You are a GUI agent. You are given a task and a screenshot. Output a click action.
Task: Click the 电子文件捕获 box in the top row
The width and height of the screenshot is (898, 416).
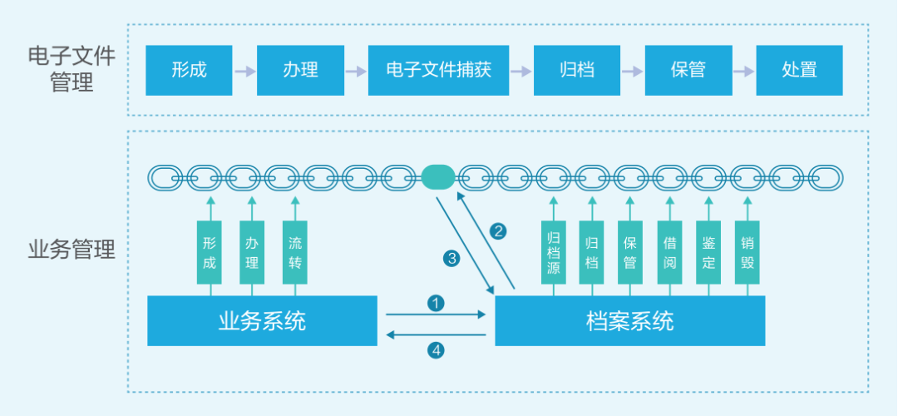click(x=438, y=71)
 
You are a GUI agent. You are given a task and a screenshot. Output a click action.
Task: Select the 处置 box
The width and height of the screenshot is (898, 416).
click(x=799, y=71)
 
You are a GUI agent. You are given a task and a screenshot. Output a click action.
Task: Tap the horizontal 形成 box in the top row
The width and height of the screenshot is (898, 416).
click(x=189, y=71)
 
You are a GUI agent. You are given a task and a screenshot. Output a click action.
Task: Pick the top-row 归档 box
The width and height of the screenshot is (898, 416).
click(x=576, y=71)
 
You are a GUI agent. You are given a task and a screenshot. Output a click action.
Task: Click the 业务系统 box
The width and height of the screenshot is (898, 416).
click(x=262, y=321)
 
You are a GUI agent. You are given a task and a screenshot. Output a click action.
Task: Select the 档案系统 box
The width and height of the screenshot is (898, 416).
click(x=629, y=321)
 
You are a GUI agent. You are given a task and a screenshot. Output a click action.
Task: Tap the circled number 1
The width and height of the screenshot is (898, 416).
click(x=436, y=303)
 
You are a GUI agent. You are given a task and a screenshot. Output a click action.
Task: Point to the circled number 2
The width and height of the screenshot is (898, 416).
click(x=498, y=231)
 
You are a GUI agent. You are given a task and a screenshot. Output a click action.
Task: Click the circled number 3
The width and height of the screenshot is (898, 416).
click(x=451, y=259)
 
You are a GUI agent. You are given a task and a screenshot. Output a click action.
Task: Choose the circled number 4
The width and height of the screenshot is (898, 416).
click(x=436, y=349)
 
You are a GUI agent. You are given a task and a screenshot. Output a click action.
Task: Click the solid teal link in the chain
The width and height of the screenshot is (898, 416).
click(x=438, y=176)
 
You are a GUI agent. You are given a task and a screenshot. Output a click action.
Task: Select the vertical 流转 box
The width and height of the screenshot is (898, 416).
click(x=295, y=253)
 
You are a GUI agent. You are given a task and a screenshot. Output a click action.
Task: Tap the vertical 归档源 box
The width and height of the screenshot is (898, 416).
click(x=553, y=253)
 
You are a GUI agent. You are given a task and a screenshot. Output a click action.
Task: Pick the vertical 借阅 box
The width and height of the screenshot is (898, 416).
click(x=669, y=253)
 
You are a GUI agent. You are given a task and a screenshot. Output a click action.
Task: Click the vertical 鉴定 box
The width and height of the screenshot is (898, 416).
click(x=708, y=253)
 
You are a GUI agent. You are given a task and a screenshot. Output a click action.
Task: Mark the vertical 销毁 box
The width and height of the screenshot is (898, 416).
click(x=747, y=253)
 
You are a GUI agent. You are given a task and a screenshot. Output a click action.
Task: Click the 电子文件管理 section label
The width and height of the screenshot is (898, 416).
click(x=72, y=70)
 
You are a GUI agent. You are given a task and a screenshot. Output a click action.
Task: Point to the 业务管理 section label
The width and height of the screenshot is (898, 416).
click(x=72, y=250)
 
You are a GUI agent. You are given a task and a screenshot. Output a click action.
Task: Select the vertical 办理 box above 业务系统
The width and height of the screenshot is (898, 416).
click(x=252, y=253)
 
